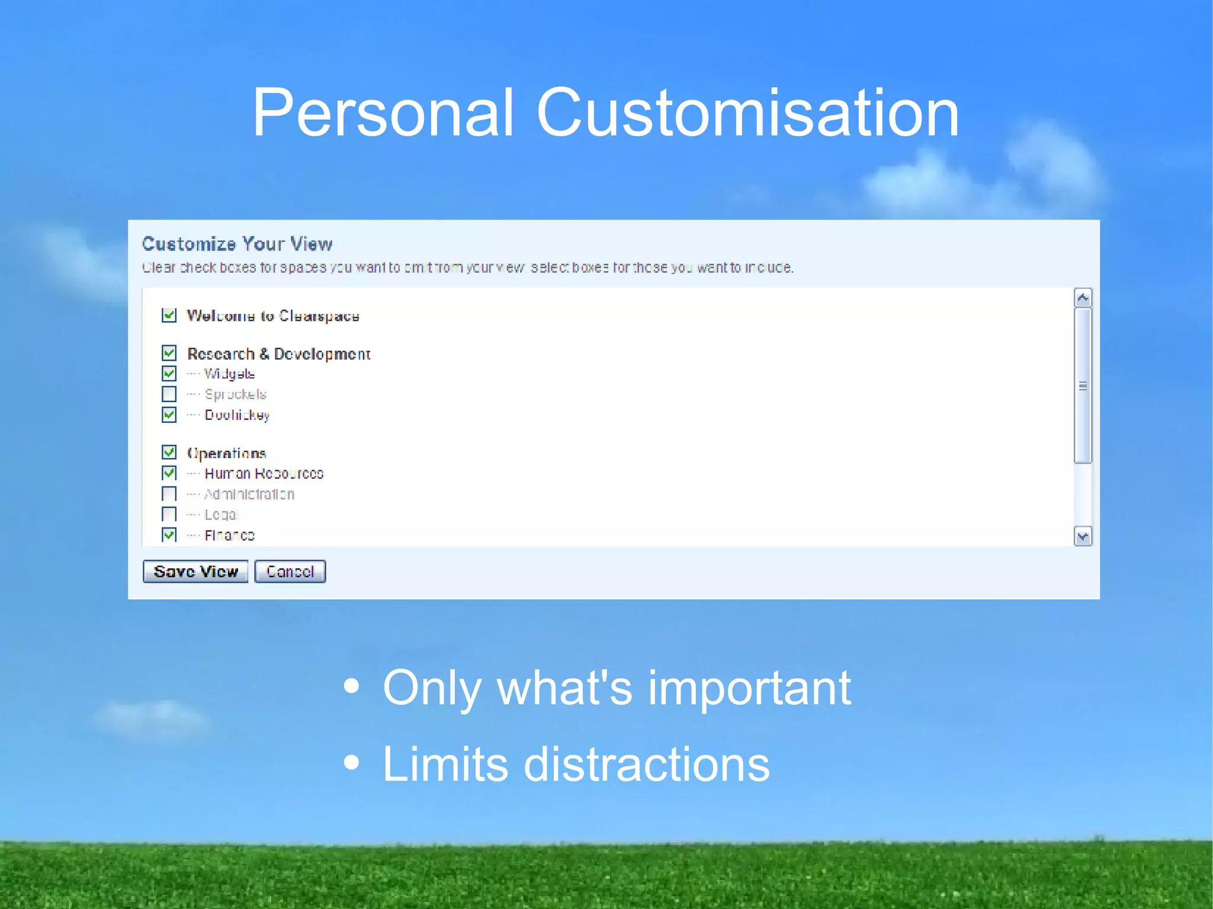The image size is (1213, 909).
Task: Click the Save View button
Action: (x=195, y=571)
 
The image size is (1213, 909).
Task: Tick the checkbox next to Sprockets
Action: (x=169, y=394)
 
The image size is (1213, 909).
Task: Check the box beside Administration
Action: (x=169, y=494)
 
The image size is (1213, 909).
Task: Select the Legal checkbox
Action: (x=169, y=514)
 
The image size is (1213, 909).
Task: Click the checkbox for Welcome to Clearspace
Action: (x=169, y=315)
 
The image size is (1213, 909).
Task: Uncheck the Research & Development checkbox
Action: (x=169, y=354)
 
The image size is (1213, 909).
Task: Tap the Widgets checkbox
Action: (x=169, y=374)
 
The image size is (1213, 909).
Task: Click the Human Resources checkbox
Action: (x=169, y=473)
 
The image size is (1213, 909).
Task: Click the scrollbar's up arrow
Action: (x=1083, y=298)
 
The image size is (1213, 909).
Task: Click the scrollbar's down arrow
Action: (x=1083, y=537)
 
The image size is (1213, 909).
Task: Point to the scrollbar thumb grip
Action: (x=1083, y=386)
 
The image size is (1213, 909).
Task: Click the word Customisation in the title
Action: (x=747, y=113)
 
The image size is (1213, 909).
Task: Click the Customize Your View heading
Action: (x=237, y=244)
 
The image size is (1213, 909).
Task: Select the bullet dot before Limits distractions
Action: (x=352, y=763)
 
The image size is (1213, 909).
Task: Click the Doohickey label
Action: (x=237, y=415)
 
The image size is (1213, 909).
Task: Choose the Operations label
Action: (x=227, y=453)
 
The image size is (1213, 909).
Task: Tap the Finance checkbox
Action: (x=169, y=535)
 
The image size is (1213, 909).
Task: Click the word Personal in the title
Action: (x=383, y=113)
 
